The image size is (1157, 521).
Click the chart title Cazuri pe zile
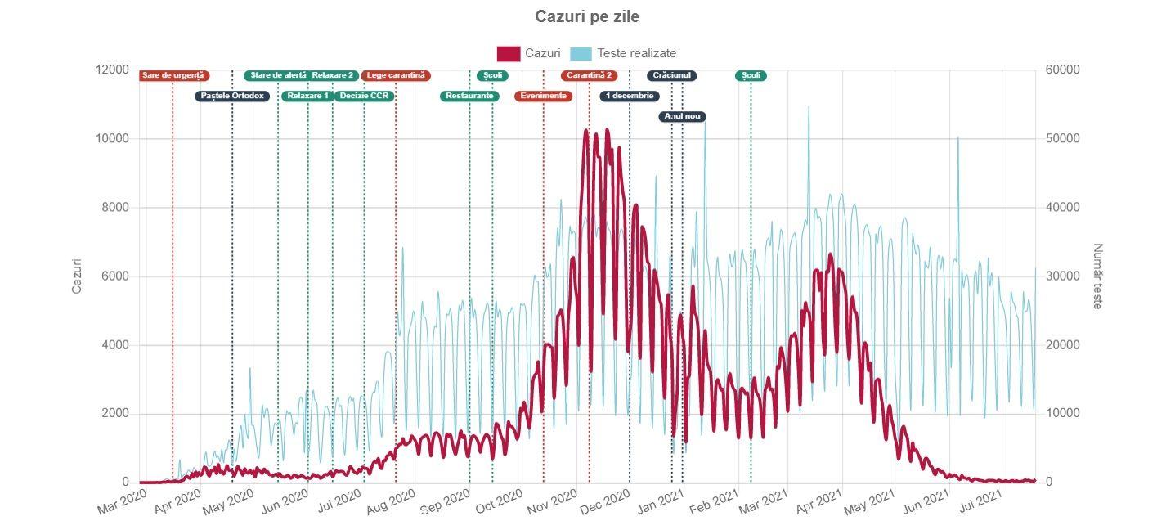point(586,17)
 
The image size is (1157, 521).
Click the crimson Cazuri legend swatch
point(508,53)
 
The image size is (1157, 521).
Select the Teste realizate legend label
point(636,53)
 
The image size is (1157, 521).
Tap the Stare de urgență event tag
point(174,75)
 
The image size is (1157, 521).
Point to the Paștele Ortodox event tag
point(232,96)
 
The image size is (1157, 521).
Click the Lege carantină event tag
point(396,75)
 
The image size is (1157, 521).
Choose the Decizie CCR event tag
point(365,96)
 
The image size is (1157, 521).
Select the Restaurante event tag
point(469,96)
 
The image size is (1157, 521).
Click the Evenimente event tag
point(544,96)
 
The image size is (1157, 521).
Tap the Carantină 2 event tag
point(590,75)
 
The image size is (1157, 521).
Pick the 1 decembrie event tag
point(630,96)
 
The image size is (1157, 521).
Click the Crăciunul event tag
point(672,75)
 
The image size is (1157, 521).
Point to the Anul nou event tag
point(683,116)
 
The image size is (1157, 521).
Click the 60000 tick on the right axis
point(1063,70)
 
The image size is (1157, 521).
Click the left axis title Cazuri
point(78,276)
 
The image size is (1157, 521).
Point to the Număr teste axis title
point(1097,276)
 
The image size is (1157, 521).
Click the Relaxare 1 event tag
point(308,96)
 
